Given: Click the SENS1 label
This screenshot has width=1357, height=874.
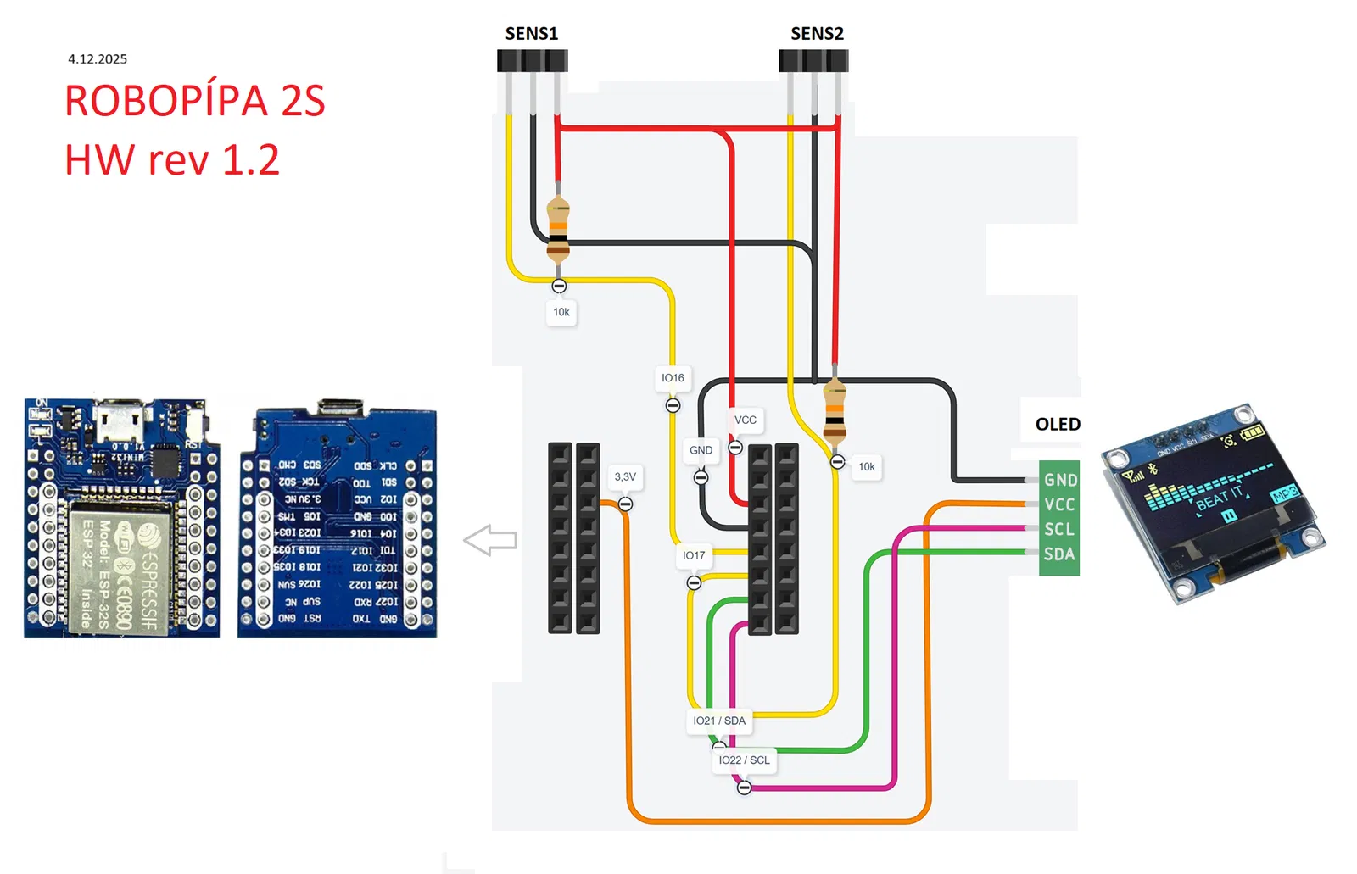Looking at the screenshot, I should click(531, 34).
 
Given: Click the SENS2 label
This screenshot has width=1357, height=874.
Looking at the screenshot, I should click(817, 34).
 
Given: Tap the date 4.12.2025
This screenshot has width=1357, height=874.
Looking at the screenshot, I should click(98, 58).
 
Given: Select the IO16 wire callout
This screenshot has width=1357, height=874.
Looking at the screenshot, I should click(673, 378).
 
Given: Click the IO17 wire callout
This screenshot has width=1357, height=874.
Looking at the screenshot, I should click(694, 555).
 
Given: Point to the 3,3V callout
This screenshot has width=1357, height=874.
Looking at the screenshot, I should click(625, 477).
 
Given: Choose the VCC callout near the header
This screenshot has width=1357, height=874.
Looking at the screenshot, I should click(746, 420).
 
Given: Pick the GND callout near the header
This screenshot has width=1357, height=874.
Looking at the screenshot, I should click(701, 450).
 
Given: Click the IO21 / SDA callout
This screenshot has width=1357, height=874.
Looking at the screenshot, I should click(719, 721).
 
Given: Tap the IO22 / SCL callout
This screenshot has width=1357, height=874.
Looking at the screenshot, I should click(744, 760).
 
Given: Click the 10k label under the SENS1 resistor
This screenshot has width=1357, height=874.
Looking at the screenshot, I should click(561, 312).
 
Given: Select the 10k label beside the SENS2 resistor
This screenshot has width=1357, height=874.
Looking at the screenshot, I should click(867, 467).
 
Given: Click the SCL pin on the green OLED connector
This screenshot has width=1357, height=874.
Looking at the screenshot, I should click(1059, 529).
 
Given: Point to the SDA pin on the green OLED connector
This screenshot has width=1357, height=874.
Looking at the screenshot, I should click(1059, 554).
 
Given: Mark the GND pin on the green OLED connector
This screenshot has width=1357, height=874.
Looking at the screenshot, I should click(1060, 480).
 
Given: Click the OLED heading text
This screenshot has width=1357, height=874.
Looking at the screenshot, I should click(1058, 424).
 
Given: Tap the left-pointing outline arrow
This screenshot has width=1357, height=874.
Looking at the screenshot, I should click(490, 540).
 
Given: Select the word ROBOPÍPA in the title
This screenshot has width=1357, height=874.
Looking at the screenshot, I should click(166, 101).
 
